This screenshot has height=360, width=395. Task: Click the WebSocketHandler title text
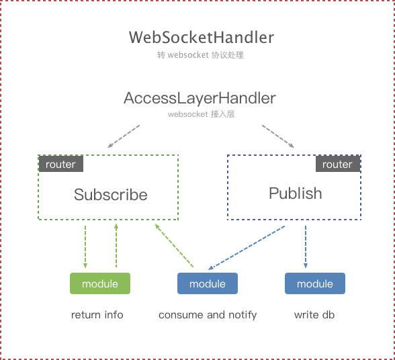(202, 38)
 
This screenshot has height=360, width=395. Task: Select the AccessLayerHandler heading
(200, 98)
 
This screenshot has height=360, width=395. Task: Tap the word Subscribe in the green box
(110, 195)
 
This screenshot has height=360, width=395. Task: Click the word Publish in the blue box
(295, 193)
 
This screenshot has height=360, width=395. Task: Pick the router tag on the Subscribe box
(60, 164)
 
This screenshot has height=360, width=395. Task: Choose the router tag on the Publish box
(337, 164)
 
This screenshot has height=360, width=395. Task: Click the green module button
(100, 283)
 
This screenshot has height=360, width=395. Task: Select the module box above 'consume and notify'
(207, 283)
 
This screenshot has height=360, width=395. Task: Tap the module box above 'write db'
(315, 283)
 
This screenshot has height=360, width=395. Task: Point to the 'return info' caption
(97, 314)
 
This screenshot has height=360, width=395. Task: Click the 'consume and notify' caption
(208, 314)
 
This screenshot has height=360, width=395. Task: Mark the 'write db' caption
(315, 314)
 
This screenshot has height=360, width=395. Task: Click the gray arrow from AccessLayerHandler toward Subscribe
(123, 135)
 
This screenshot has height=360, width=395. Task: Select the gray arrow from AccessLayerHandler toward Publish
(277, 135)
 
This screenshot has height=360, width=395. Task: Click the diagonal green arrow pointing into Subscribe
(174, 246)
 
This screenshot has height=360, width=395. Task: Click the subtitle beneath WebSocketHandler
(200, 55)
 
